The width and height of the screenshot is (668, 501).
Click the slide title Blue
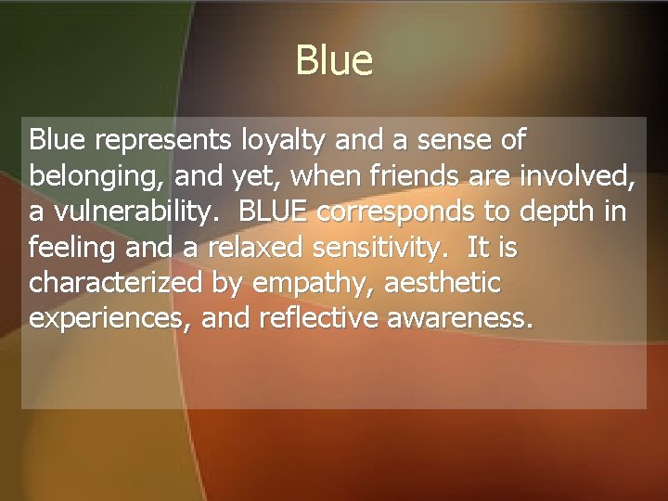(334, 61)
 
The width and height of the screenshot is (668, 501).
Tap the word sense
(450, 141)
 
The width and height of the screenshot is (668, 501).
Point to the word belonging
(95, 176)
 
